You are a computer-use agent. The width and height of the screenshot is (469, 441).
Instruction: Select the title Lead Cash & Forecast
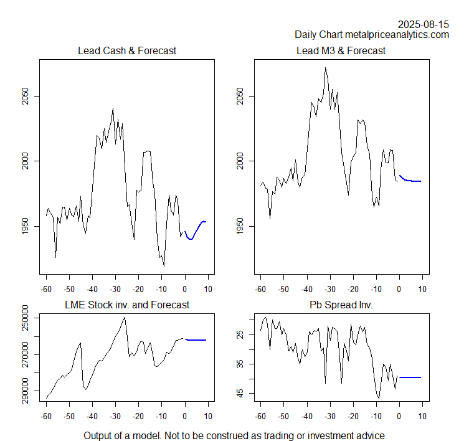coord(127,50)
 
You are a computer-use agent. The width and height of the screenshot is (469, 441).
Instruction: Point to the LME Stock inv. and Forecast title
coord(127,305)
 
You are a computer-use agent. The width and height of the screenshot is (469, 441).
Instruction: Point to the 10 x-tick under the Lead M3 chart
coord(423,289)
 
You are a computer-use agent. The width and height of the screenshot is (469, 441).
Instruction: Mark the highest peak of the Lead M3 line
coord(325,68)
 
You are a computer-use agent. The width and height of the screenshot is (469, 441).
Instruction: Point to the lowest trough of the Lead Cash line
coord(164,266)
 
